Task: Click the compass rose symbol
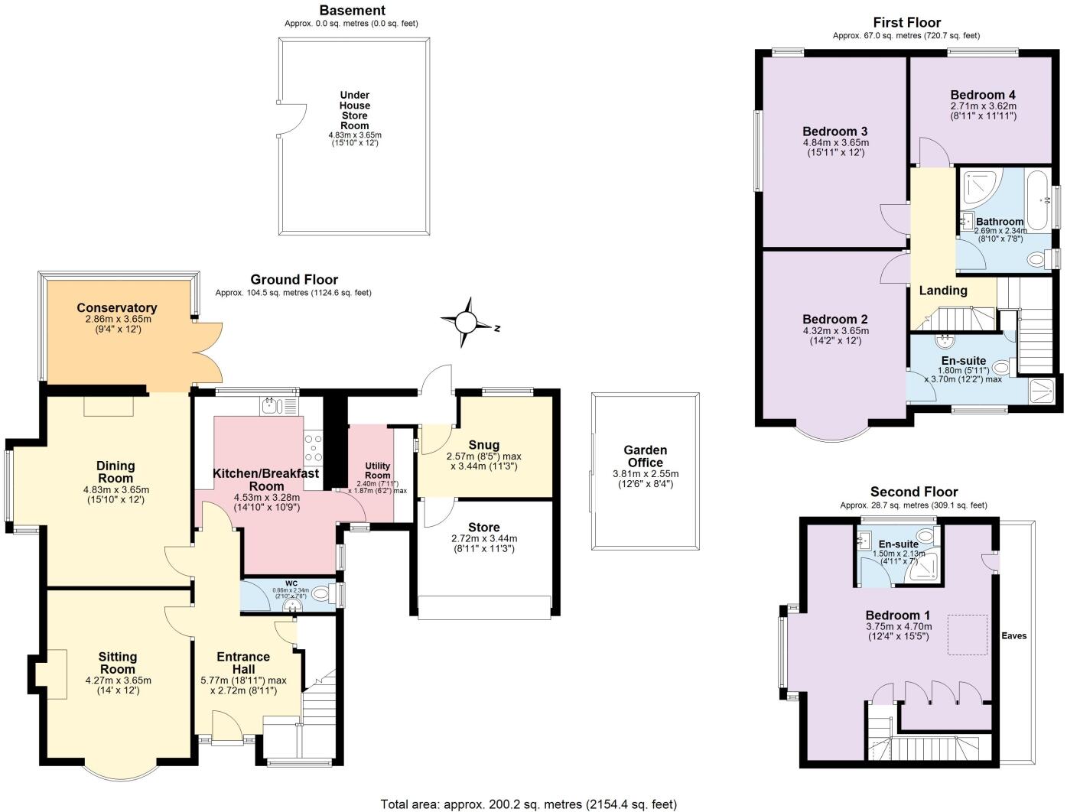pos(466,323)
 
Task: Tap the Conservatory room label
pos(116,308)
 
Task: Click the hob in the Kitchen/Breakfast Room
pos(314,449)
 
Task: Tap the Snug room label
pos(483,445)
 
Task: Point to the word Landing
pos(942,291)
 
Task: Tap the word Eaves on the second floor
pos(1014,635)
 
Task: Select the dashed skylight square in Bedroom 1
pos(968,635)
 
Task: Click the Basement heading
pos(352,11)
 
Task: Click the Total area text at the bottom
pos(529,804)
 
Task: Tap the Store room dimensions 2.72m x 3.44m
pos(483,538)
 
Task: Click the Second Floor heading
pos(913,492)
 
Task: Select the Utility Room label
pos(377,470)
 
